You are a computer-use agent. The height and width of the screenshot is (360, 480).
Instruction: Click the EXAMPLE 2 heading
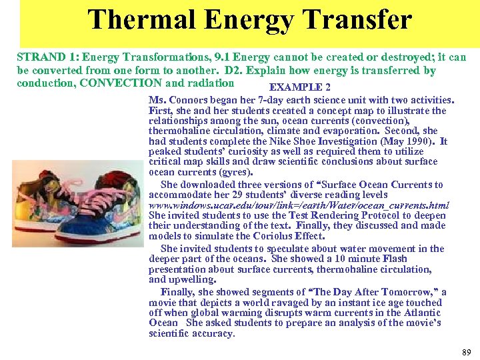(x=299, y=88)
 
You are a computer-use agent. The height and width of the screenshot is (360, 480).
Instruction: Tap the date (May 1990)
(x=408, y=141)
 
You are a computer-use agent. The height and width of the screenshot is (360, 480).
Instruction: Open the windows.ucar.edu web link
(x=299, y=205)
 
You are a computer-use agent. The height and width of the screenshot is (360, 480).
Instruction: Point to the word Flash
(x=393, y=259)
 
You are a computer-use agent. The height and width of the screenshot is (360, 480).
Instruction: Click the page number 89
(x=465, y=351)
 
